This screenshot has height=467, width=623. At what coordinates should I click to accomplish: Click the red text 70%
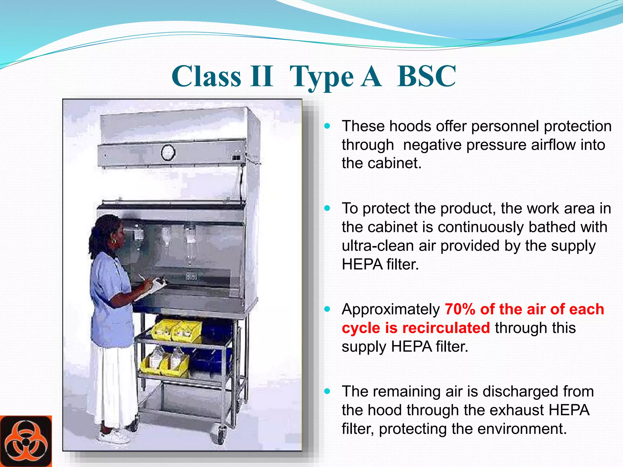coord(460,309)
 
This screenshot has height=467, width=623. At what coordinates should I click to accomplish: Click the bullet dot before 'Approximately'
coord(327,310)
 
